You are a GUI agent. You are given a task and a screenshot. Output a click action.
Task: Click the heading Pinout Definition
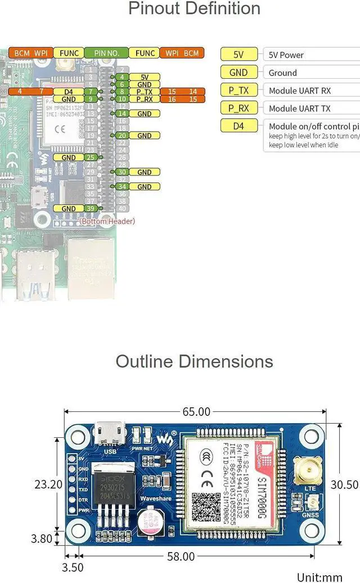coord(194,9)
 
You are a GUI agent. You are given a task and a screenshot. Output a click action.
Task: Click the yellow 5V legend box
coord(238,55)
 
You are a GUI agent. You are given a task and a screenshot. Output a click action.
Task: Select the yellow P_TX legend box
coord(238,91)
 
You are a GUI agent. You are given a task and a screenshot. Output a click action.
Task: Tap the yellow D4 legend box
coord(238,126)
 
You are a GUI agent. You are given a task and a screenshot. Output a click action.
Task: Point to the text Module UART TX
coord(299,109)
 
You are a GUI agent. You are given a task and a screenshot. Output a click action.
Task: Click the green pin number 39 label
coord(91,208)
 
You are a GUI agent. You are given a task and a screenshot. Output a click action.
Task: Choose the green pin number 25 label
coord(91,158)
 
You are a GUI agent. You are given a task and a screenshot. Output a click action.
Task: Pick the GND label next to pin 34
coord(144,186)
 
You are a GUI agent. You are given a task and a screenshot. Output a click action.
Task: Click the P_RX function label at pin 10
coord(144,99)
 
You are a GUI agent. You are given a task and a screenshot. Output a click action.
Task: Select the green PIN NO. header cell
coord(106,53)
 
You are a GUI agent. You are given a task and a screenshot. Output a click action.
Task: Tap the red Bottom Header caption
coord(107,221)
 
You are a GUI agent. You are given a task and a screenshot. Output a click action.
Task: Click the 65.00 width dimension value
coord(196,412)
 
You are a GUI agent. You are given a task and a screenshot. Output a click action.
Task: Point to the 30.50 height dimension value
coord(344,484)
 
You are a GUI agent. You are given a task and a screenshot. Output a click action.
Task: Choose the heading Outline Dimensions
coord(194,361)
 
